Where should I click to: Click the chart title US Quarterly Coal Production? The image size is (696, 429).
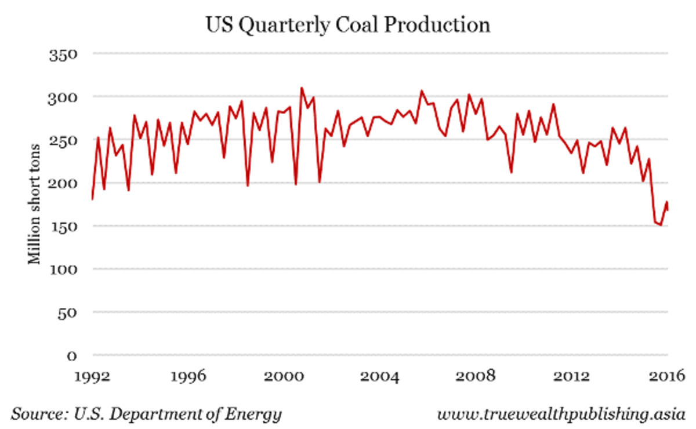click(x=348, y=25)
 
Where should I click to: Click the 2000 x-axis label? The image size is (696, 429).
click(x=284, y=376)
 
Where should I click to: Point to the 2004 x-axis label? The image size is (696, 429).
click(x=380, y=376)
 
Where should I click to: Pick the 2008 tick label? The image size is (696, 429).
click(x=476, y=376)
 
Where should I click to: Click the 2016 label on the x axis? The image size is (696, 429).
click(x=667, y=376)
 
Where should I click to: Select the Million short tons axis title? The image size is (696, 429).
click(x=35, y=203)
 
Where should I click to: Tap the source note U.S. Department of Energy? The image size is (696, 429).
click(x=147, y=415)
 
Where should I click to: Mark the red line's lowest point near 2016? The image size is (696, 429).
click(x=661, y=225)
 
